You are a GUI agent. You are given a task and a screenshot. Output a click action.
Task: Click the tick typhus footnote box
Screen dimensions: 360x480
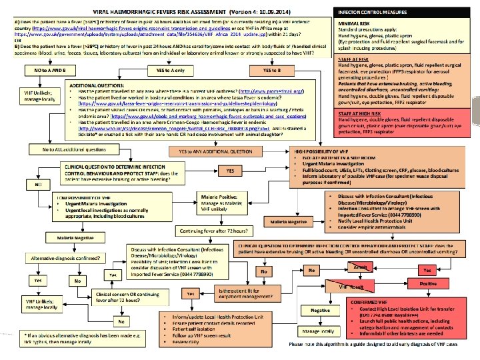click(74, 337)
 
